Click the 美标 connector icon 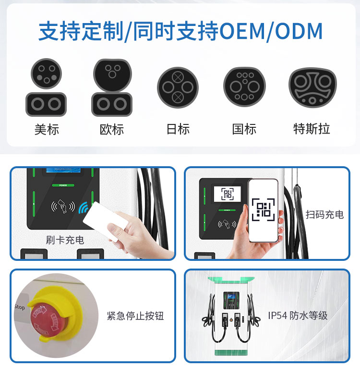point(46,88)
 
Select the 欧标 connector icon point(112,88)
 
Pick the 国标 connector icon point(244,86)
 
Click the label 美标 point(46,129)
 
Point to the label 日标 point(178,129)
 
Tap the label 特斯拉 point(312,129)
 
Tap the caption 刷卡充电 point(65,239)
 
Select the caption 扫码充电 point(325,214)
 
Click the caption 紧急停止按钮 point(135,316)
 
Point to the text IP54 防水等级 point(298,315)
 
